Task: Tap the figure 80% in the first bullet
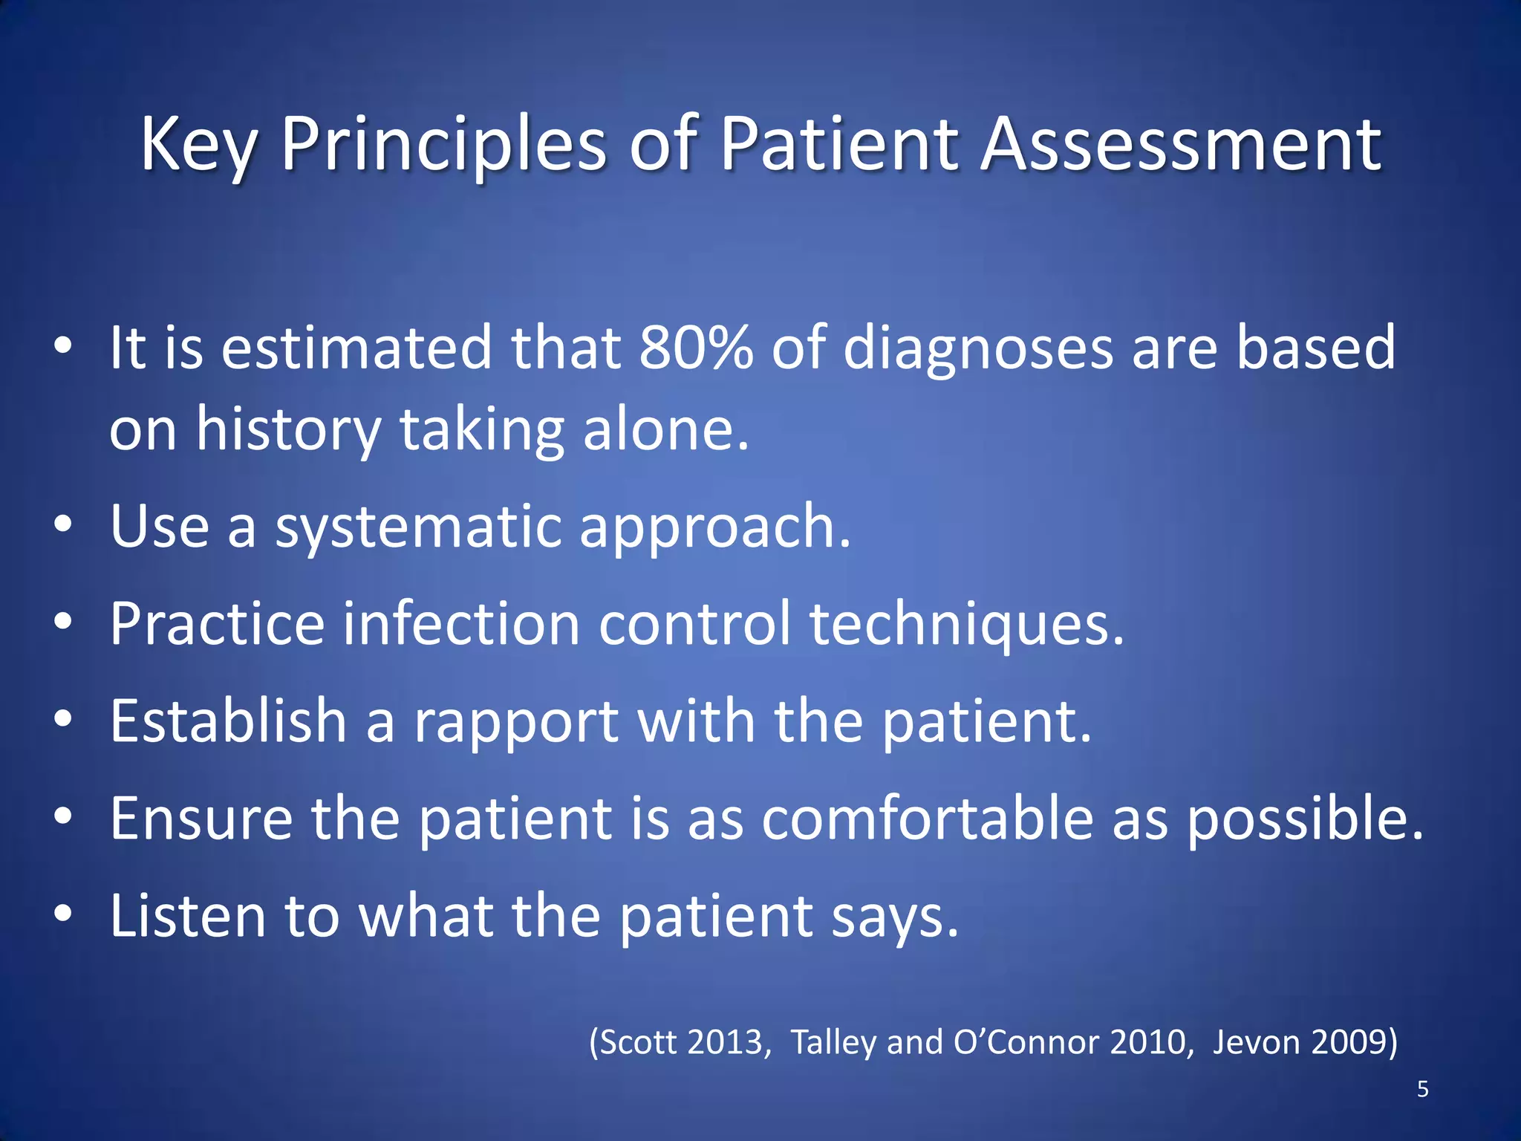click(696, 348)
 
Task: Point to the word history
click(288, 431)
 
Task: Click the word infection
click(460, 623)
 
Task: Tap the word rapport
click(515, 723)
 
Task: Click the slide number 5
click(1422, 1089)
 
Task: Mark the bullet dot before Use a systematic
click(64, 524)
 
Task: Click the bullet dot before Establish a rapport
click(64, 718)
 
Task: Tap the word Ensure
click(201, 818)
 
